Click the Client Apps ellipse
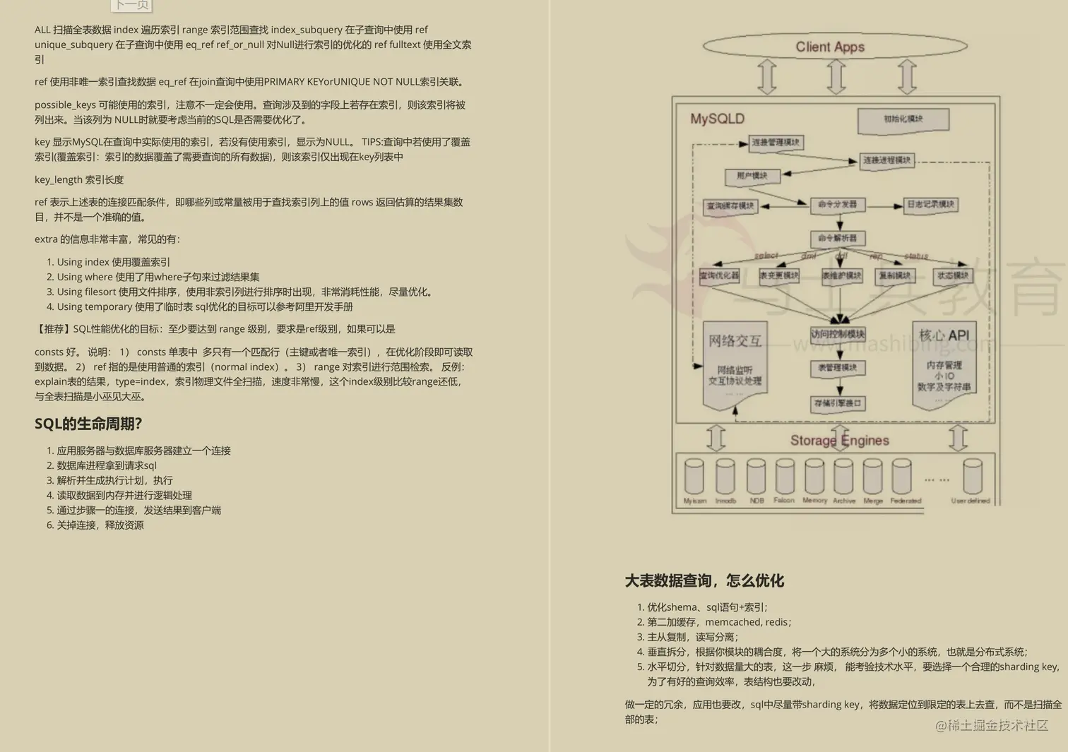coord(834,47)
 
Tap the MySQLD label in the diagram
coord(717,119)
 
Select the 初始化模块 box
coord(903,119)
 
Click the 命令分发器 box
coord(837,205)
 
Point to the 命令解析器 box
coord(837,239)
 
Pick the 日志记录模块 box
coord(931,205)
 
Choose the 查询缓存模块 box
coord(730,206)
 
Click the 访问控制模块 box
coord(838,335)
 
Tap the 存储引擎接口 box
coord(838,403)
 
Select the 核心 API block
coord(944,364)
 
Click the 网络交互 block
coord(735,364)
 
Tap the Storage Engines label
coord(839,441)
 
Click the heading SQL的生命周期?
coord(88,424)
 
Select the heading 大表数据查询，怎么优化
coord(704,580)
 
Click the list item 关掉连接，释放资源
coord(100,525)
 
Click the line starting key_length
coord(79,180)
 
